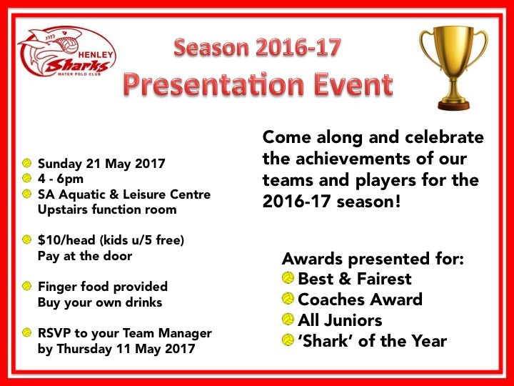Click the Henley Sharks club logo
coord(66,51)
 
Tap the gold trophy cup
coord(454,68)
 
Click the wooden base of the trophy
coord(454,105)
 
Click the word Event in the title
coord(353,84)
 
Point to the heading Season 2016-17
coord(257,48)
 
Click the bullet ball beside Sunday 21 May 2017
coord(26,163)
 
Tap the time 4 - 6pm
coord(60,179)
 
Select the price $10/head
coord(66,240)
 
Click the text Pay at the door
coord(85,256)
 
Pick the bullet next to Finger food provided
coord(26,286)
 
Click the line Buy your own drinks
coord(100,302)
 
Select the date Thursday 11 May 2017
coord(126,349)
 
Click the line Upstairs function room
coord(107,209)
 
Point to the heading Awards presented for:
coord(373,259)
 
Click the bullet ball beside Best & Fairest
coord(288,278)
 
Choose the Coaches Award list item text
coord(360,300)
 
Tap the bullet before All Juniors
coord(288,320)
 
